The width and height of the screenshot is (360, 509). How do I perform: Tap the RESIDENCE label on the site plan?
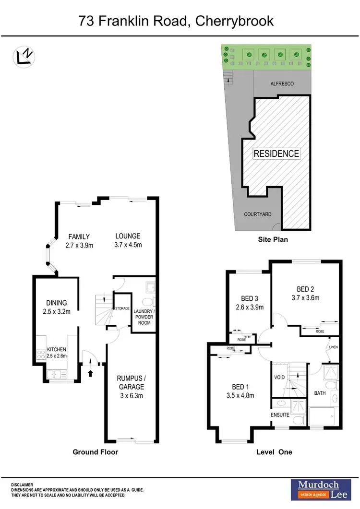(x=276, y=154)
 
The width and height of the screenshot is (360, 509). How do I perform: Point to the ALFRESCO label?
(x=282, y=84)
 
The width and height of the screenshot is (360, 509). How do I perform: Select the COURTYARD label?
(x=255, y=215)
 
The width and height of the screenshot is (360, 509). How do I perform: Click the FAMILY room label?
(x=79, y=237)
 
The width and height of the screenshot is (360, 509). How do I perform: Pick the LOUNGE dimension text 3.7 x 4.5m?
(x=128, y=245)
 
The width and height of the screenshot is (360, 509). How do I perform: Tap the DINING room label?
(x=56, y=303)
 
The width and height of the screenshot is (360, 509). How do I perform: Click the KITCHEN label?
(x=57, y=350)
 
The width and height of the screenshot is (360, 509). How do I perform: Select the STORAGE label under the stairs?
(x=121, y=308)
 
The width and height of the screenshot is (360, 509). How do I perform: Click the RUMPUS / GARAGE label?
(x=131, y=382)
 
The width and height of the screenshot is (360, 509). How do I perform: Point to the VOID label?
(x=279, y=377)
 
